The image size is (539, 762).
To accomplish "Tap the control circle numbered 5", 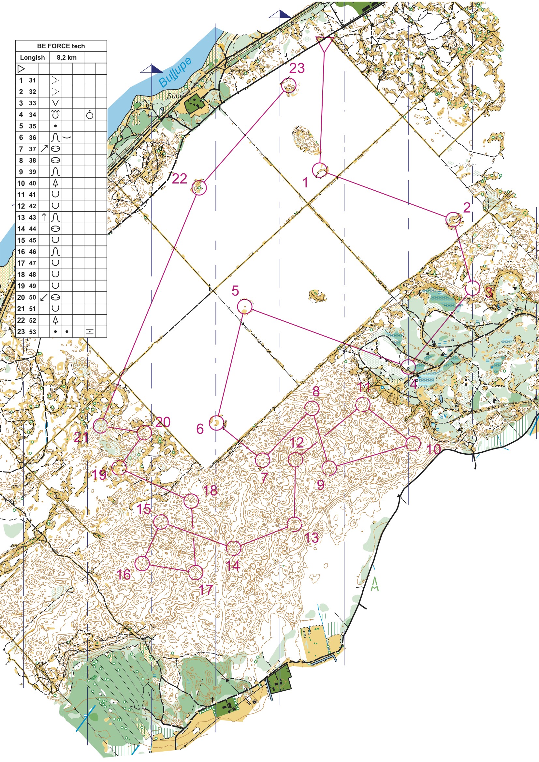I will tap(245, 306).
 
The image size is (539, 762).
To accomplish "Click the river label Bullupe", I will tap(175, 72).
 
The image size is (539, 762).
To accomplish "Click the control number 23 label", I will tap(297, 68).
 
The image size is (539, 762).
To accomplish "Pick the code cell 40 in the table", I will tap(32, 183).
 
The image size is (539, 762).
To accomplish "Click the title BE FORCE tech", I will tap(61, 46).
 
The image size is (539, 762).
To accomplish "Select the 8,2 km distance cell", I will tap(67, 57).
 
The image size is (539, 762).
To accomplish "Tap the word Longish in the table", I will tap(32, 57).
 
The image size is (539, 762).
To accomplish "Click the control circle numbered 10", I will tap(413, 443).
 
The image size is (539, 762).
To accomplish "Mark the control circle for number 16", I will tap(143, 564).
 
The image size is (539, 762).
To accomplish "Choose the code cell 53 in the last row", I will tap(32, 331).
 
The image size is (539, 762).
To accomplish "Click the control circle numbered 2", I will tap(453, 219).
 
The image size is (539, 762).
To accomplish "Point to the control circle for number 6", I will tap(216, 423).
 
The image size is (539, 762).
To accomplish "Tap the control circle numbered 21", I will tap(101, 425).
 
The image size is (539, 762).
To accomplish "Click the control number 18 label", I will tap(211, 490).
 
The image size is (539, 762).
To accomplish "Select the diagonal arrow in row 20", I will tap(44, 297).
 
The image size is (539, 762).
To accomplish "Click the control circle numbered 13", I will tap(294, 524).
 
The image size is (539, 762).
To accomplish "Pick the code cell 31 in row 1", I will tap(32, 80).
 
